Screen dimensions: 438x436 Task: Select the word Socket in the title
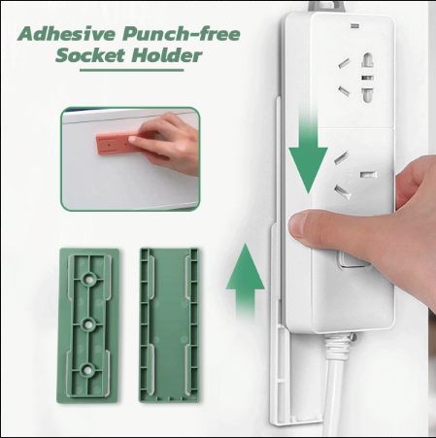[93, 55]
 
